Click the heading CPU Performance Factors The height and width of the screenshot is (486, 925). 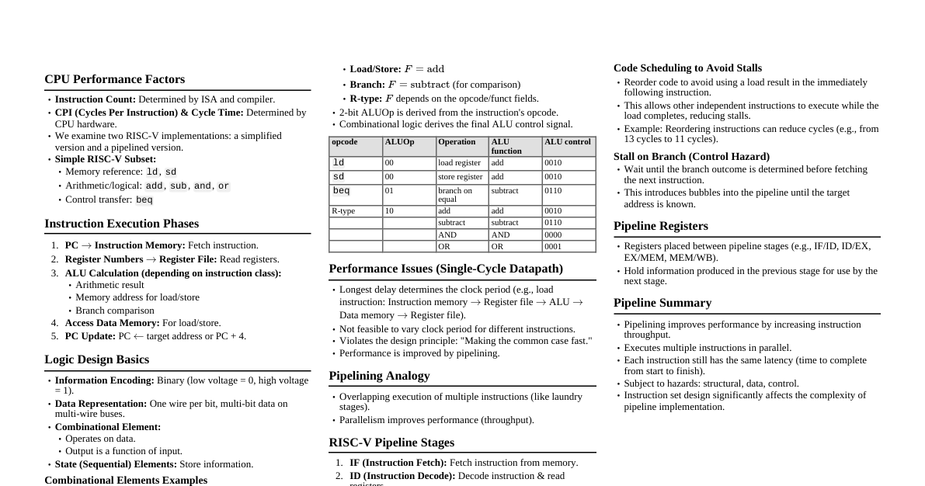coord(114,79)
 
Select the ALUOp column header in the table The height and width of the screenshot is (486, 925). coord(399,142)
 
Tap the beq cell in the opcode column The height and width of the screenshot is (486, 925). coord(341,191)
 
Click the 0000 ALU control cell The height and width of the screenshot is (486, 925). coord(553,235)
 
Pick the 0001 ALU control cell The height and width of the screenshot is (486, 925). coord(553,247)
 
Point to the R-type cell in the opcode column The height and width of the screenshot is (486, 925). coord(343,211)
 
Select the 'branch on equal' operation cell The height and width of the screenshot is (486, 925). coord(454,195)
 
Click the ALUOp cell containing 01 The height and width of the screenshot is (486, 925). coord(389,191)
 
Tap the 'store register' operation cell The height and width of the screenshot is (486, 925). coord(460,177)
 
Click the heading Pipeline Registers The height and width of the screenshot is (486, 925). coord(660,226)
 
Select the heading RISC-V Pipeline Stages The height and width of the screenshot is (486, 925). coord(391,443)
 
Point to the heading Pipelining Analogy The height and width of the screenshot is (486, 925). coord(379,376)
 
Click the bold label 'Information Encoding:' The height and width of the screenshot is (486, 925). coord(104,380)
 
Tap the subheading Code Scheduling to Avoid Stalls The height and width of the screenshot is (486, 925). coord(687,68)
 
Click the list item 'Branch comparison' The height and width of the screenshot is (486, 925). coord(114,311)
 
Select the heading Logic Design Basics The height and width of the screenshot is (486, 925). coord(96,359)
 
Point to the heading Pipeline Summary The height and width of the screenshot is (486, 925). coord(662,303)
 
